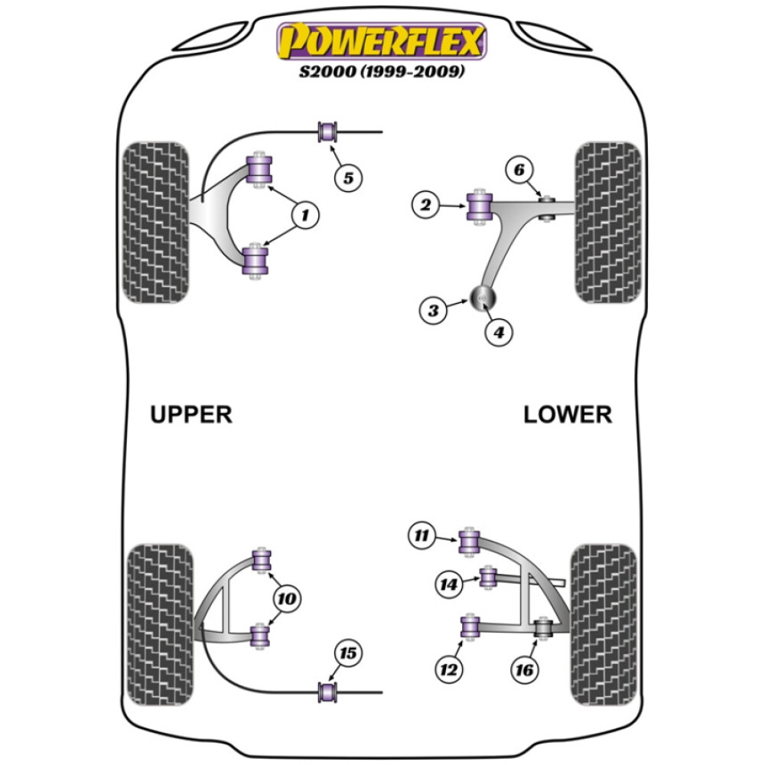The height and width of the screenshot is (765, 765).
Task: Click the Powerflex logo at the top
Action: [382, 41]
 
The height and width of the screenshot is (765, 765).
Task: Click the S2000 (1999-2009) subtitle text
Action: [382, 71]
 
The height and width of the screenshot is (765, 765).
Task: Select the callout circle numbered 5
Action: [348, 177]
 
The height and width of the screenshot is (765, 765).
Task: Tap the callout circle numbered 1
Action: [305, 215]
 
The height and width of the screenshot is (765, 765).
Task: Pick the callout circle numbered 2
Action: [425, 204]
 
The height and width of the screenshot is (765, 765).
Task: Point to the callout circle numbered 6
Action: [519, 170]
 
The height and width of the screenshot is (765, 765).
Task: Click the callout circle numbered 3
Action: [433, 311]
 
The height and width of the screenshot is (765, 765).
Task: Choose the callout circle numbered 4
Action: [499, 332]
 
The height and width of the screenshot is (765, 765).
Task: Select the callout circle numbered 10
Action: [287, 598]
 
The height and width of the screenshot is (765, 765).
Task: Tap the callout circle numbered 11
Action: [422, 535]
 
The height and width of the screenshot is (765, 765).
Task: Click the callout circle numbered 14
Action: [449, 584]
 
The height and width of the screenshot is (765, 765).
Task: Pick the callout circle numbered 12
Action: [449, 669]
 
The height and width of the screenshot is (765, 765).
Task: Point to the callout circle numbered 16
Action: [525, 669]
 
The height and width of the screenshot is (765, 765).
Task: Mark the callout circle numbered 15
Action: [348, 653]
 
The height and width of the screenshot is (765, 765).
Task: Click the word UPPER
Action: [191, 415]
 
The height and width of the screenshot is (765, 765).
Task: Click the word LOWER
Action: [568, 415]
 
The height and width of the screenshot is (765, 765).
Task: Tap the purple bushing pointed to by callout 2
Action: [480, 207]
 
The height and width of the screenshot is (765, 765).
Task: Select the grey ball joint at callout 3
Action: [483, 298]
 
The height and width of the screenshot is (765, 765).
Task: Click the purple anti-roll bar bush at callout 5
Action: [327, 132]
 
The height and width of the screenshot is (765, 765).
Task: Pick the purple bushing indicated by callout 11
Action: [470, 542]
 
